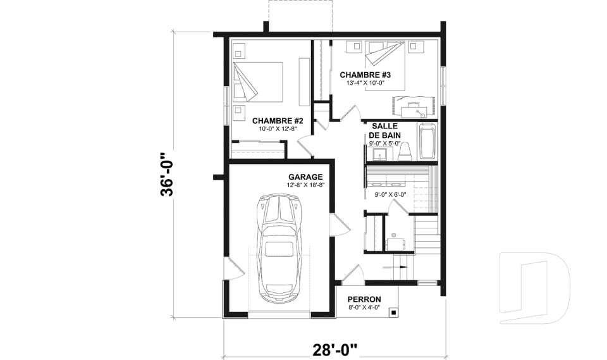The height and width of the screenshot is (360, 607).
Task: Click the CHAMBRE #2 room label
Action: coord(278,121)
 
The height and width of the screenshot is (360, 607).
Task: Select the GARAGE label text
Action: coord(305,177)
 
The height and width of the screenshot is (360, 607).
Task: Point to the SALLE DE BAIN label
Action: coord(384,130)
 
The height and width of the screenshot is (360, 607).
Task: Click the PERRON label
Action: coord(364,299)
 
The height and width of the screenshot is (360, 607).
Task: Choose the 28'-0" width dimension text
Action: coord(335,349)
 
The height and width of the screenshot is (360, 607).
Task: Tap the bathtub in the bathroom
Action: coord(428,141)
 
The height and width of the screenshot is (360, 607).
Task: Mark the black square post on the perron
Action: coord(393,312)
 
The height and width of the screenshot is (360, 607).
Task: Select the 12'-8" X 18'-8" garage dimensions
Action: coord(305,185)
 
